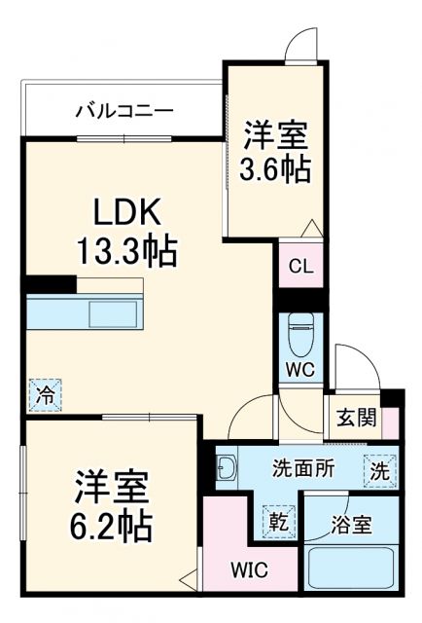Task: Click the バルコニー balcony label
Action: pos(124,111)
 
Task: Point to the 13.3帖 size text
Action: pos(126,252)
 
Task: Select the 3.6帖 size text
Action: pos(275,169)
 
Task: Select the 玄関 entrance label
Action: pos(353,419)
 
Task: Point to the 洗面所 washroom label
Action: pos(303,468)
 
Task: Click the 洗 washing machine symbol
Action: pos(380,469)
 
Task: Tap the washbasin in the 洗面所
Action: pos(227,469)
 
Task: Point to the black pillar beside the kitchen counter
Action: pos(51,285)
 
